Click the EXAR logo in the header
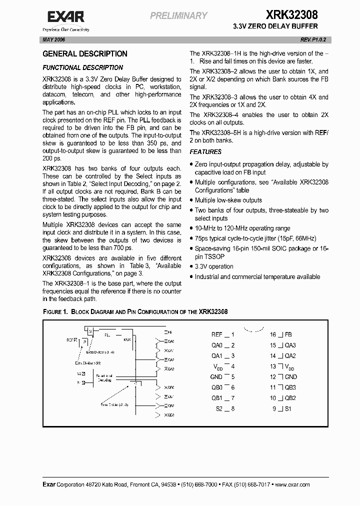67,18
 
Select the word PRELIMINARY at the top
178,16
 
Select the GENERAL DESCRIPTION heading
85,54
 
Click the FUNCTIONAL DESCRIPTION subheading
82,67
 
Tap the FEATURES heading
205,152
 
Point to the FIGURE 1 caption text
135,311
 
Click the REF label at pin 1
216,334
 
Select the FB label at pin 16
288,334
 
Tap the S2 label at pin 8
218,408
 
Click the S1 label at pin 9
288,408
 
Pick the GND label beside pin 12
290,377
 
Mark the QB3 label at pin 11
290,387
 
